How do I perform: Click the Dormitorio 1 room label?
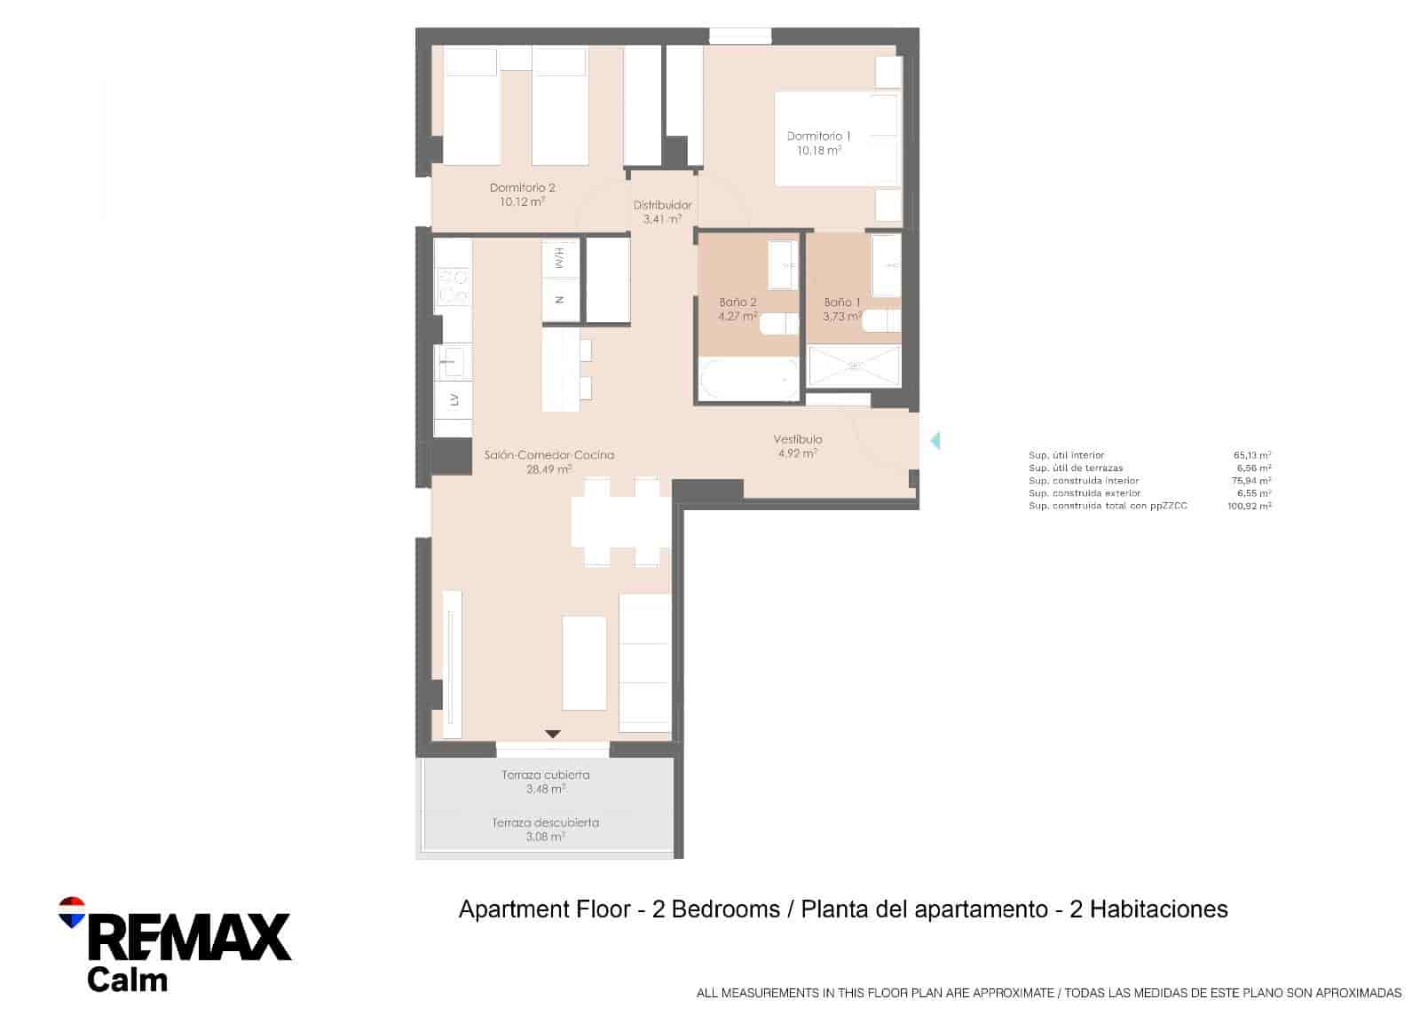(x=818, y=137)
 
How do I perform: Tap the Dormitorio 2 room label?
(x=522, y=188)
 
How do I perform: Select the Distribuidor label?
(x=662, y=206)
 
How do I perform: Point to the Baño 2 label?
(x=738, y=303)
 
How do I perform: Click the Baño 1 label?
(x=841, y=303)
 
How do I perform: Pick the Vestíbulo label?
(x=797, y=439)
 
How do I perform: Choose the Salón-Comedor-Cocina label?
(x=548, y=455)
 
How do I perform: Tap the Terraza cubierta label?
(x=545, y=775)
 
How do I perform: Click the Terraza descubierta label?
(x=545, y=822)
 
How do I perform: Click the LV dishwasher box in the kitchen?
(x=454, y=400)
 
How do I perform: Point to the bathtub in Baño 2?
(x=749, y=379)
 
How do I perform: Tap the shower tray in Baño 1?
(x=855, y=366)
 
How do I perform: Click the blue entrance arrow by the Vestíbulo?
(x=934, y=440)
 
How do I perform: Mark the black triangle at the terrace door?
(x=552, y=734)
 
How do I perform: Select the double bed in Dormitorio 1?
(x=837, y=138)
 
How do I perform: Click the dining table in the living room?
(x=621, y=522)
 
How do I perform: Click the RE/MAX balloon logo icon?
(x=71, y=911)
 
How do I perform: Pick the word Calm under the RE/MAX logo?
(x=127, y=980)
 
